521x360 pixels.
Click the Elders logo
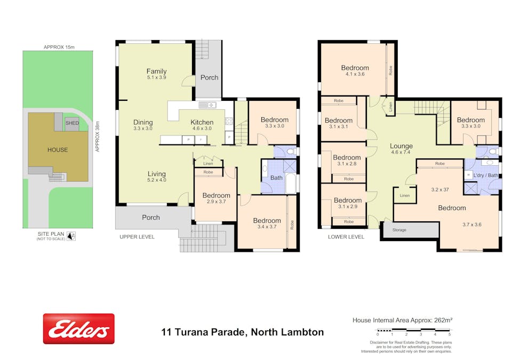[78, 329]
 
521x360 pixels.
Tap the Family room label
[156, 71]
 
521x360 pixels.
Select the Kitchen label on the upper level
[202, 122]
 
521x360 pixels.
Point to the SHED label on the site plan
[72, 123]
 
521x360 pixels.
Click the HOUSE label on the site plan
[57, 150]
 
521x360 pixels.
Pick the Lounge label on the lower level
[401, 146]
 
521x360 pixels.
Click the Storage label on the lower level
[399, 230]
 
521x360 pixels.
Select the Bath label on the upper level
[276, 178]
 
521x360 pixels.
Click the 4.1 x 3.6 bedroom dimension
[355, 75]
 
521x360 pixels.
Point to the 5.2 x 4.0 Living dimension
[157, 180]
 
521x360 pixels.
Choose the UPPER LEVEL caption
[137, 237]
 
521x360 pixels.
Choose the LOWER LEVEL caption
[346, 237]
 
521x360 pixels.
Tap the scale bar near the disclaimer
[413, 330]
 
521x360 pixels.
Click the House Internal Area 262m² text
[402, 320]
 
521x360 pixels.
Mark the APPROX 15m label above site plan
[58, 47]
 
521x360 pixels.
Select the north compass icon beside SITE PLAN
[71, 235]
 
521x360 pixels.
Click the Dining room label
[143, 122]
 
